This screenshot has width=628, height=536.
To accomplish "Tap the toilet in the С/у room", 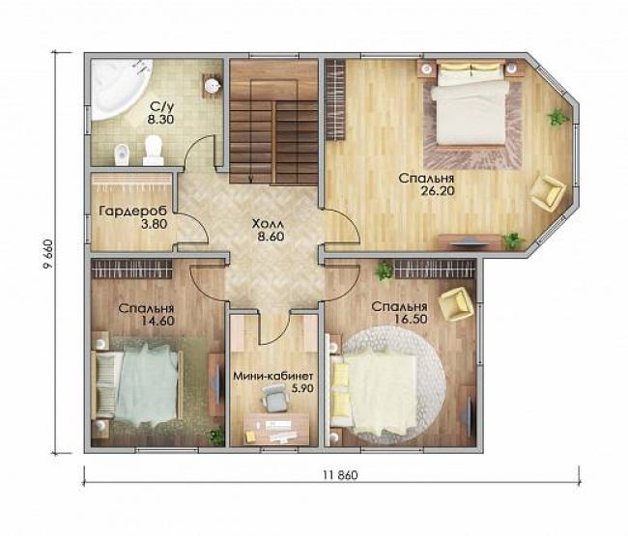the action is pos(153,150).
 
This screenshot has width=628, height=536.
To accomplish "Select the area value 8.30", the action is pos(160,119).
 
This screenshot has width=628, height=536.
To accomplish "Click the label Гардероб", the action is pos(133,211).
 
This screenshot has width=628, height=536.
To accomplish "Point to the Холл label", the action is pos(268,224).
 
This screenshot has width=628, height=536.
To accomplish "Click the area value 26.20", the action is pos(438,191).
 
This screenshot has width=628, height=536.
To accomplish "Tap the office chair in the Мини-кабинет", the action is pos(275,397).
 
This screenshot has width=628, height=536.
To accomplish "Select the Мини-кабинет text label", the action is pos(273,376).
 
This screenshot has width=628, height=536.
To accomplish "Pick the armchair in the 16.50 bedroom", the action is pos(457,303).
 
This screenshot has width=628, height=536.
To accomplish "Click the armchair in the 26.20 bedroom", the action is pos(547,192).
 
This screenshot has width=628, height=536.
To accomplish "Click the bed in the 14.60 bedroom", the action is pos(137,385).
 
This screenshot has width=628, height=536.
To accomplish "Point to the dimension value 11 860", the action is pos(340,475).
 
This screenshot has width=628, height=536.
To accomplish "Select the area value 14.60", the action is pos(157,321).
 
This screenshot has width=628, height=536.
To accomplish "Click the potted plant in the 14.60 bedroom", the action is pos(217,436).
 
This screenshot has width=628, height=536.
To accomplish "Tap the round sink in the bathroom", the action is pos(211,85).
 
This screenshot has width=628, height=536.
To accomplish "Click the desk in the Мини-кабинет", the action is pos(275,429).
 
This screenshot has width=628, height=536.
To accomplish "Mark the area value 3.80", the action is pos(155,224).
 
